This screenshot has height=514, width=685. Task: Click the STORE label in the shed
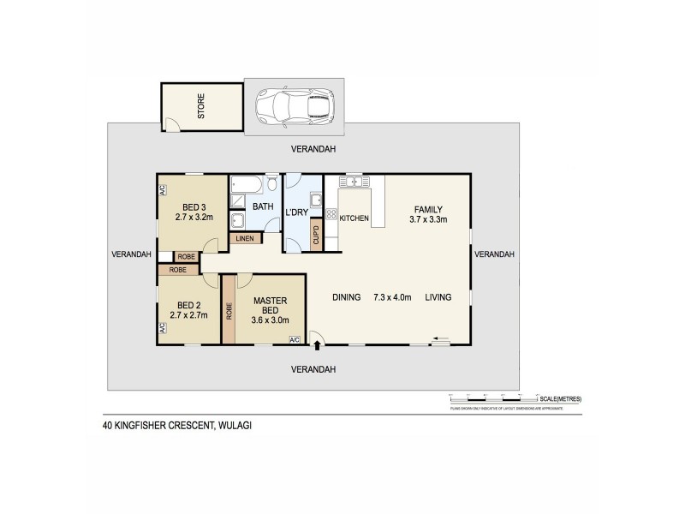tap(202, 111)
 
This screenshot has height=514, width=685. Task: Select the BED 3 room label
tap(194, 206)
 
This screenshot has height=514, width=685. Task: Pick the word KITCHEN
tap(354, 219)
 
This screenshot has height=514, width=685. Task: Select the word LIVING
tap(436, 297)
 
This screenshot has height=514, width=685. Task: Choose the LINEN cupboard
tap(244, 238)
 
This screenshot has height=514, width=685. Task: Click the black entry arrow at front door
tap(319, 346)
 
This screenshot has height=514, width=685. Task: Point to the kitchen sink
tap(353, 182)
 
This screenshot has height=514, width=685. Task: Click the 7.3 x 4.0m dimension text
tap(393, 297)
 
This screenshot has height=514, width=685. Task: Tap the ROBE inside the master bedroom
tap(229, 308)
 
